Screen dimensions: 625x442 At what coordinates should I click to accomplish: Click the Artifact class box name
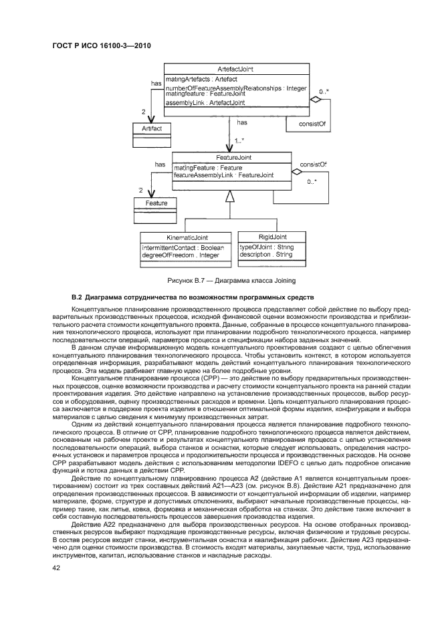(x=152, y=128)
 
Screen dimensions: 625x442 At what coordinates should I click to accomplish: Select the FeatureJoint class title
(x=231, y=158)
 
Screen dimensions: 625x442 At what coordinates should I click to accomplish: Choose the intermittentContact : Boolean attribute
(x=183, y=247)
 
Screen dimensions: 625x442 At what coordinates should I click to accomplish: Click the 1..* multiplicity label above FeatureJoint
(x=239, y=140)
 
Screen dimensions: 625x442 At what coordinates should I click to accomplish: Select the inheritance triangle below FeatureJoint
(x=230, y=196)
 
